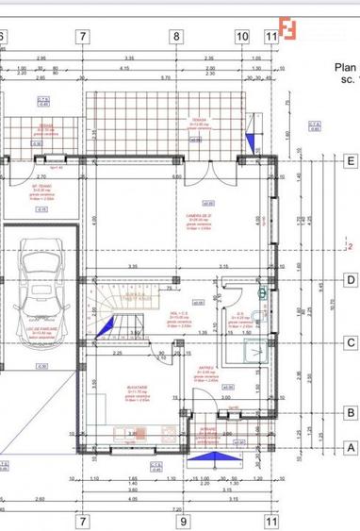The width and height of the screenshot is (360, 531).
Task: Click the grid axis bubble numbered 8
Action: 175,37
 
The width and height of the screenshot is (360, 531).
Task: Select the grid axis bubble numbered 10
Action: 242,37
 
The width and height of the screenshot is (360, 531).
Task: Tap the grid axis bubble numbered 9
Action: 185,520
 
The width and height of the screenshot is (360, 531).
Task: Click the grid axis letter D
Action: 350,279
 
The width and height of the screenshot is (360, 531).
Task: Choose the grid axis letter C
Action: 350,343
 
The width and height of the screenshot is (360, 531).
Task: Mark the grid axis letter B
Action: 350,411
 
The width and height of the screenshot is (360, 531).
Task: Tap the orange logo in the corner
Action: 286,30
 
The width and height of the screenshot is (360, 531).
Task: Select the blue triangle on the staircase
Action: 106,325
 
